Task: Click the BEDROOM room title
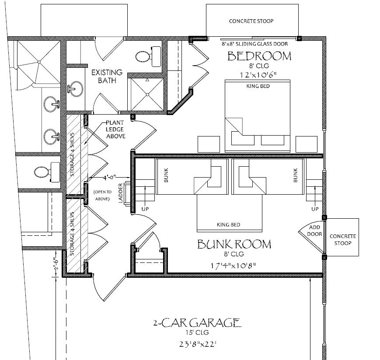[259, 56]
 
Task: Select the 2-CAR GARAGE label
[196, 324]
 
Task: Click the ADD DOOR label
[315, 231]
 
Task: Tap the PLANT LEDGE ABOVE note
[116, 130]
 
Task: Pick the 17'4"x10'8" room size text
[233, 265]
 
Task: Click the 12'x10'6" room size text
[259, 75]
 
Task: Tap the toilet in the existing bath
[146, 56]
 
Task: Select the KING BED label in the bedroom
[258, 86]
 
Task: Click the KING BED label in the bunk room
[228, 225]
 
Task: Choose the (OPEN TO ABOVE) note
[103, 195]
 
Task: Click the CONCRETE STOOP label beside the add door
[343, 239]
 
